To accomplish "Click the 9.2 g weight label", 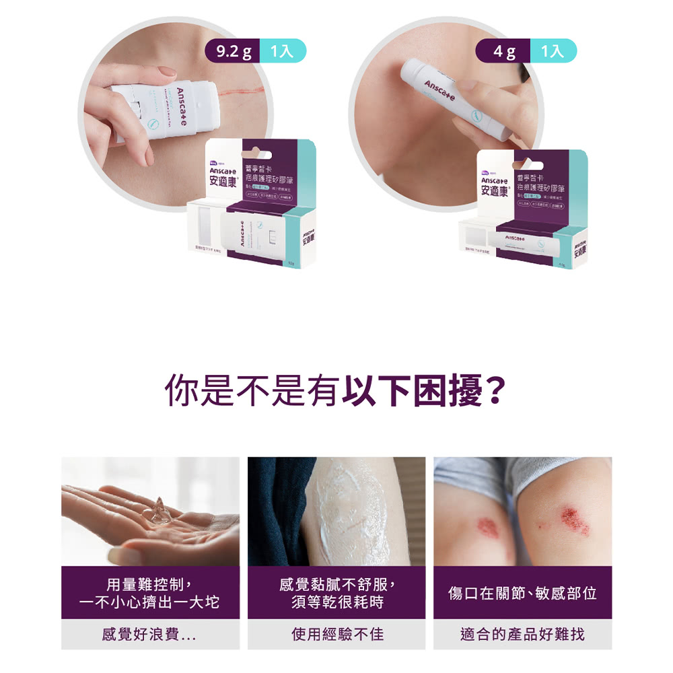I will (231, 51).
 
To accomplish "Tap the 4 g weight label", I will (503, 51).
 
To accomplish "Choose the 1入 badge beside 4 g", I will (553, 51).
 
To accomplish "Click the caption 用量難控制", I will (149, 583).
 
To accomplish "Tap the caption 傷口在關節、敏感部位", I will (522, 593).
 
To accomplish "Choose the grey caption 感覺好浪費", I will (149, 634).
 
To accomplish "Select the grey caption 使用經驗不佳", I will (337, 634).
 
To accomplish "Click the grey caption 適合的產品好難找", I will (522, 634).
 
